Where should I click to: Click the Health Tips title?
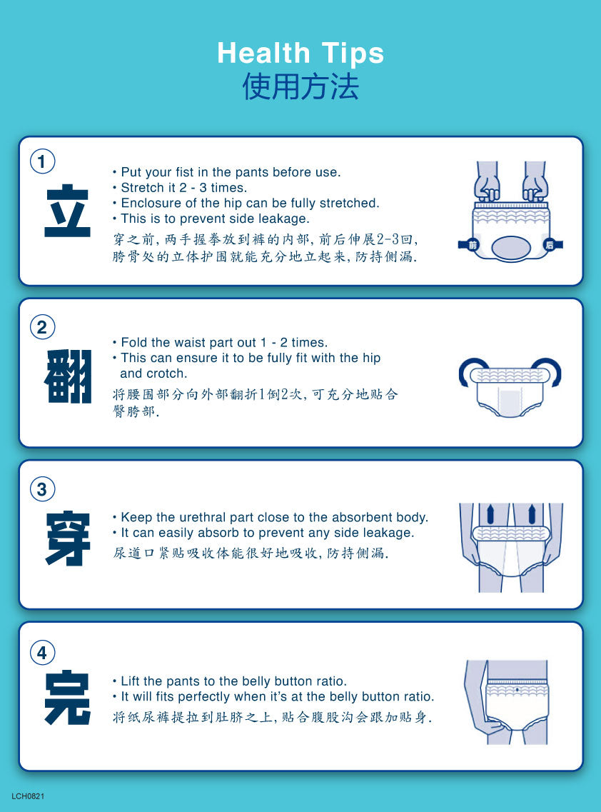(300, 53)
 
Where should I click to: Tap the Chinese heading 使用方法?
(300, 86)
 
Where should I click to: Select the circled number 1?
(42, 161)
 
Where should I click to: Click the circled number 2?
(42, 327)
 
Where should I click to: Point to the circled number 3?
(42, 489)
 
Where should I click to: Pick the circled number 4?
(42, 653)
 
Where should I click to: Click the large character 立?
(67, 211)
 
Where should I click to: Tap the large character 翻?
(68, 376)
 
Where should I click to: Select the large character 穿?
(68, 538)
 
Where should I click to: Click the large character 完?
(68, 697)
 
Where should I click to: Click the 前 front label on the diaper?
(473, 245)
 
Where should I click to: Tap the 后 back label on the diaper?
(549, 245)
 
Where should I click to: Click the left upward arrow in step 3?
(490, 513)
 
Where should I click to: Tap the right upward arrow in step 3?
(532, 513)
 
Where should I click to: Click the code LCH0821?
(28, 796)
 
